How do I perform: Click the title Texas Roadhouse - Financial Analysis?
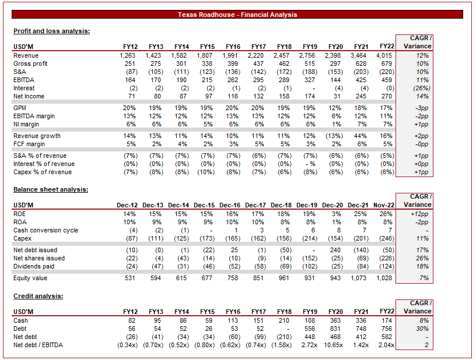click(237, 15)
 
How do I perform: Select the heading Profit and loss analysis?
click(51, 31)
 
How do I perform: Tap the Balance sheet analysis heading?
click(50, 189)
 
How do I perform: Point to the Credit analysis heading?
click(38, 296)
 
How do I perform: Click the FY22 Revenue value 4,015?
click(386, 55)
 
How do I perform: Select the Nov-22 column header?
click(382, 204)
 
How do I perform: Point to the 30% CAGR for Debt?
click(422, 329)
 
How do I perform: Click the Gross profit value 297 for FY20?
click(338, 63)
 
